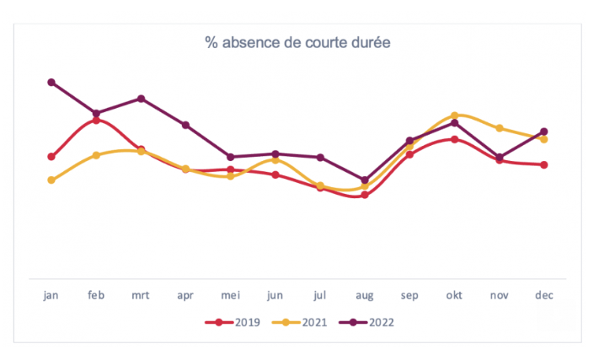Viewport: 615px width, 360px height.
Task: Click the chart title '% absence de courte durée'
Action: (298, 41)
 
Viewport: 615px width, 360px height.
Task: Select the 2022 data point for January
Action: (51, 83)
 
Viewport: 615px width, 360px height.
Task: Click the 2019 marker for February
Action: (97, 120)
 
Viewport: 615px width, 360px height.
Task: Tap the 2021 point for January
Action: (51, 180)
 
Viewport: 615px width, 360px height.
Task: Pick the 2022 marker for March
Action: (142, 99)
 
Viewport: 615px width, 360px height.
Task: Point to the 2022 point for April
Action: (186, 125)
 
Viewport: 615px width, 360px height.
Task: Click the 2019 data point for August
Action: (365, 195)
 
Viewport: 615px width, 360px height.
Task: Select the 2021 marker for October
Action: (455, 115)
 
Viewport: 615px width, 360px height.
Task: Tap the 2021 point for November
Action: (500, 128)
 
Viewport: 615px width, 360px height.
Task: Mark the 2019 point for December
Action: (544, 164)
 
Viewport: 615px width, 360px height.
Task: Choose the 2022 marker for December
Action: (544, 132)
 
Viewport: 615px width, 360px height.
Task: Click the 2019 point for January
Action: (51, 157)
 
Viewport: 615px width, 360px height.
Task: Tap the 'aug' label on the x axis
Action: (365, 295)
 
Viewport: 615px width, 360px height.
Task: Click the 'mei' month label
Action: (231, 295)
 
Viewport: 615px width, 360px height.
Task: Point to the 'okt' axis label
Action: (455, 295)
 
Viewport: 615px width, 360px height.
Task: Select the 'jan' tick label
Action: (51, 295)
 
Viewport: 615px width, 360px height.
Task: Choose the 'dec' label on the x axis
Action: (544, 295)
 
